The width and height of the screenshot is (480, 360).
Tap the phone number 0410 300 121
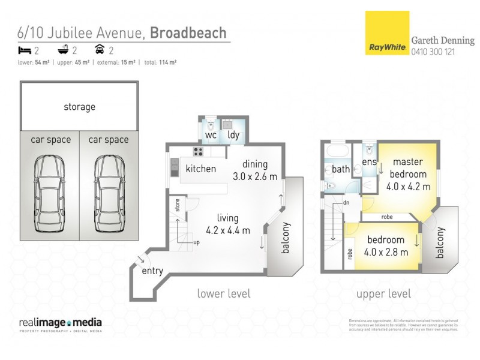pyautogui.click(x=433, y=52)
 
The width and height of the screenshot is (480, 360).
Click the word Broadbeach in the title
pyautogui.click(x=188, y=32)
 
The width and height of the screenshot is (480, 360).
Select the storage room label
pyautogui.click(x=79, y=107)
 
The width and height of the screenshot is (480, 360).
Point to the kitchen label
pyautogui.click(x=200, y=169)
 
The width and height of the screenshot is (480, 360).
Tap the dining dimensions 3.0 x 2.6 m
pyautogui.click(x=255, y=176)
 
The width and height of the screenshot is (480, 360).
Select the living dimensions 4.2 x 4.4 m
pyautogui.click(x=228, y=230)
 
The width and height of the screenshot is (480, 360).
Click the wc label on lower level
pyautogui.click(x=211, y=135)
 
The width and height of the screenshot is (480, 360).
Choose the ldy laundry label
pyautogui.click(x=233, y=135)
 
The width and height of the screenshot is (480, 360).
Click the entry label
pyautogui.click(x=152, y=271)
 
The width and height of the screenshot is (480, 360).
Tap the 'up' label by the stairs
pyautogui.click(x=196, y=242)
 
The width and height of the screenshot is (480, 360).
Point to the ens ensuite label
pyautogui.click(x=369, y=161)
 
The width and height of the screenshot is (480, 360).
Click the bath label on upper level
pyautogui.click(x=341, y=169)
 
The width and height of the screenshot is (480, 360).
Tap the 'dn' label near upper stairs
pyautogui.click(x=346, y=203)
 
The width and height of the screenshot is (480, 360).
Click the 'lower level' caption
pyautogui.click(x=224, y=293)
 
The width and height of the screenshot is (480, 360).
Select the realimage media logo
pyautogui.click(x=61, y=323)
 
